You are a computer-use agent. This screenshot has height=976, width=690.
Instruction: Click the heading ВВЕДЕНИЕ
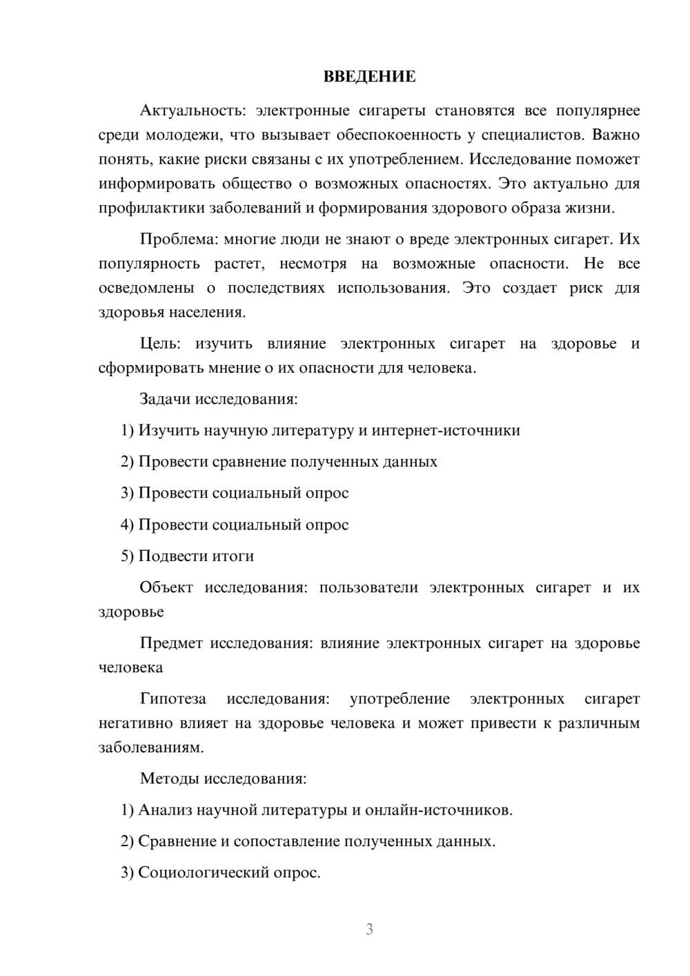point(369,77)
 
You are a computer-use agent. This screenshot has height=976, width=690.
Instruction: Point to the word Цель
point(159,343)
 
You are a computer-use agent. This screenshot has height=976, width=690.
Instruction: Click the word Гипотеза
point(172,699)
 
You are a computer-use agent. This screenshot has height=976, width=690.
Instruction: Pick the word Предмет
point(171,643)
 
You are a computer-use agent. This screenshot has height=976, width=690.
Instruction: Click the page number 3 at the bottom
point(369,929)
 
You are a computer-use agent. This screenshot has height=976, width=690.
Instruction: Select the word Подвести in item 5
point(168,556)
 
